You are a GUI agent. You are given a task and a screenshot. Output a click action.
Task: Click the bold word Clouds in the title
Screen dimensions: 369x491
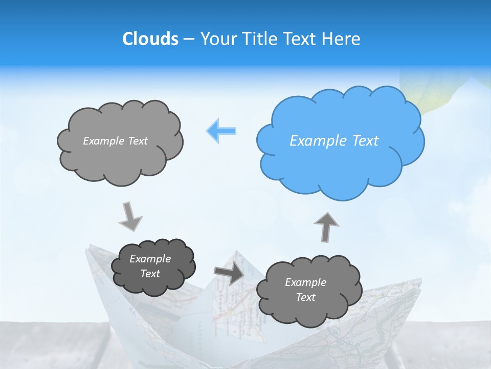(x=150, y=39)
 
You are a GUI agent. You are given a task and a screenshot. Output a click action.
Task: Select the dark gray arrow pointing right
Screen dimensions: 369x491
(x=229, y=273)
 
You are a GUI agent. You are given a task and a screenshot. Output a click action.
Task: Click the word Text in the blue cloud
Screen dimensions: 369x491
(x=365, y=141)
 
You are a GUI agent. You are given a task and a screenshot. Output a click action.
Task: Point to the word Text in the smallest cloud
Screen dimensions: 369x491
(x=150, y=274)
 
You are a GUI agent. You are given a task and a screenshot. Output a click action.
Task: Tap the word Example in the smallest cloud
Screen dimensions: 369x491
(x=150, y=259)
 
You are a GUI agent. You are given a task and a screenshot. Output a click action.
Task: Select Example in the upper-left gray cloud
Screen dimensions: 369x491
(x=103, y=141)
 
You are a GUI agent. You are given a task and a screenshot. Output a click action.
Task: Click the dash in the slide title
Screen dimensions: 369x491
(x=188, y=39)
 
